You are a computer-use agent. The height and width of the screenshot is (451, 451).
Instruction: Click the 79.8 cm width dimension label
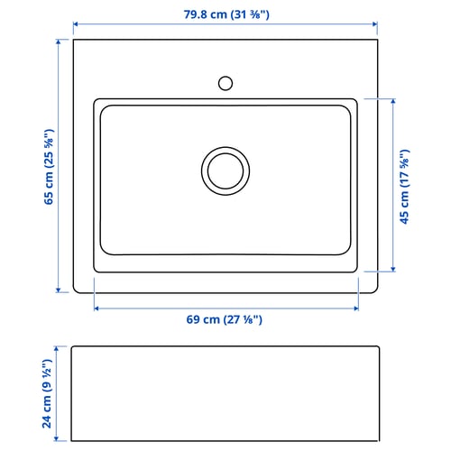[226, 14]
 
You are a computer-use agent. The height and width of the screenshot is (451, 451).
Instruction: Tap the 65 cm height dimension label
[49, 167]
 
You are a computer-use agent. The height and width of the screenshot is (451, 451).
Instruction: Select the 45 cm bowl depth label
[405, 187]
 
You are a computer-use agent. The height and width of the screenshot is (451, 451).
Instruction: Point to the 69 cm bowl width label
[225, 319]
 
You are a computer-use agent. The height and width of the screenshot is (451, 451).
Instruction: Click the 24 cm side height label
[47, 393]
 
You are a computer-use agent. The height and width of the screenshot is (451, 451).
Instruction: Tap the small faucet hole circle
[225, 83]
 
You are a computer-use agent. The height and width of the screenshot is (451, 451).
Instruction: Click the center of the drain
[225, 171]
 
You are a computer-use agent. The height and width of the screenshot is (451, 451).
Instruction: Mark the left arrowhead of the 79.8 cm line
[76, 24]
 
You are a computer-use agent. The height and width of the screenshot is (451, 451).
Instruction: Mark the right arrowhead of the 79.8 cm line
[375, 24]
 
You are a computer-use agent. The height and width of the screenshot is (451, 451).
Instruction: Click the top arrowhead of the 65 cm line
[59, 41]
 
